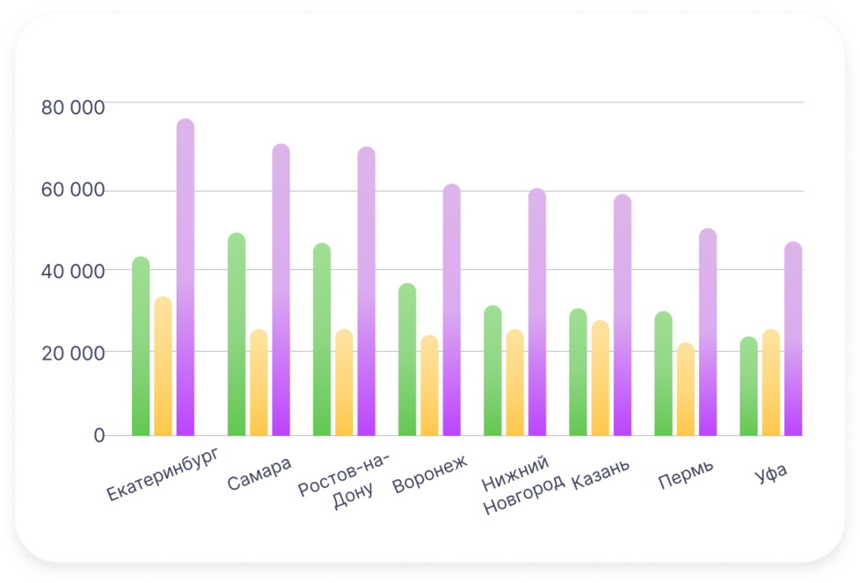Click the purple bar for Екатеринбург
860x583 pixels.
[186, 277]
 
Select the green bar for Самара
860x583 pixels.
[237, 334]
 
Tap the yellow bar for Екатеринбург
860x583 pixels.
[164, 366]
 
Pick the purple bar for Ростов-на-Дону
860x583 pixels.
[367, 291]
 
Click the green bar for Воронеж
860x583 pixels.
[407, 359]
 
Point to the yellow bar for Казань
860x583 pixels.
[601, 378]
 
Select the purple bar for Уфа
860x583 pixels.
[793, 339]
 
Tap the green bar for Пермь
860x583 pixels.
[663, 373]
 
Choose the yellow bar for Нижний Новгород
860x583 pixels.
[515, 383]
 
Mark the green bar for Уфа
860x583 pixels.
[748, 386]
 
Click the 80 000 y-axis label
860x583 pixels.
[73, 108]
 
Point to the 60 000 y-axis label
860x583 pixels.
[73, 191]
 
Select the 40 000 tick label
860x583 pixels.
[73, 272]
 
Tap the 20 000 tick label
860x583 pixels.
[73, 353]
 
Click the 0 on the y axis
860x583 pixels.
[98, 435]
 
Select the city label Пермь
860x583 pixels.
[686, 476]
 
